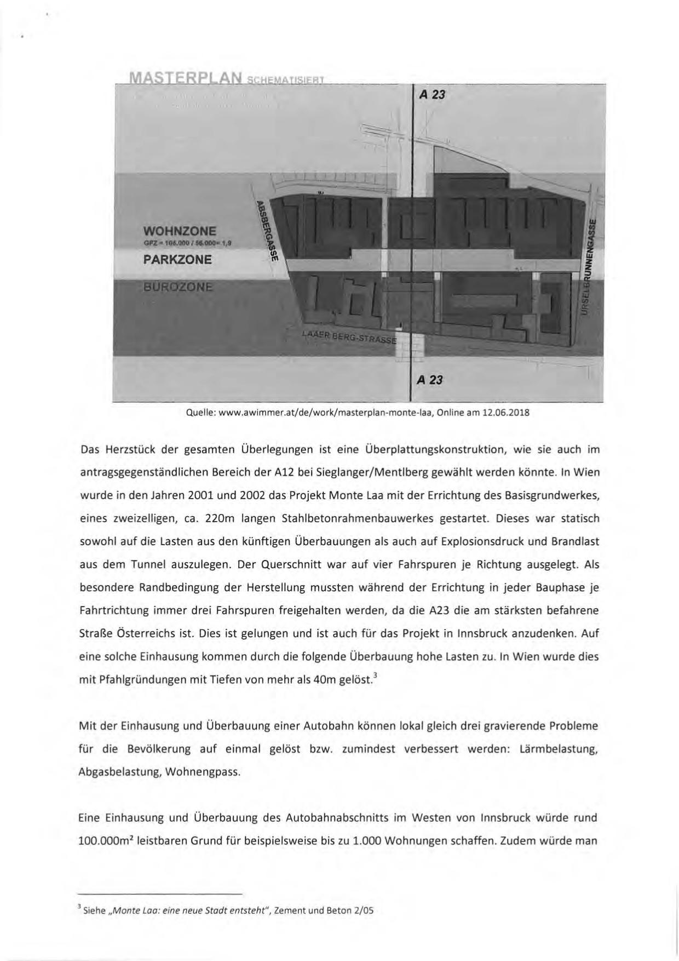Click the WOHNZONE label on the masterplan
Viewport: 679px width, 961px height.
click(x=180, y=231)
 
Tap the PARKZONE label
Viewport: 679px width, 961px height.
click(x=177, y=259)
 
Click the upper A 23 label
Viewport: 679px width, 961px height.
click(x=432, y=95)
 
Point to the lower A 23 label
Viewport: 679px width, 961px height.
click(x=430, y=380)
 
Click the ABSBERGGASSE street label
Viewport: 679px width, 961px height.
click(x=267, y=231)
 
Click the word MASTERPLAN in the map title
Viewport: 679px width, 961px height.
click(x=185, y=79)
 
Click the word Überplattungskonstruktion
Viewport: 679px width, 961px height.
click(x=430, y=450)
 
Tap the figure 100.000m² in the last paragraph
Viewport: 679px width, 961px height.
click(x=105, y=840)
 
